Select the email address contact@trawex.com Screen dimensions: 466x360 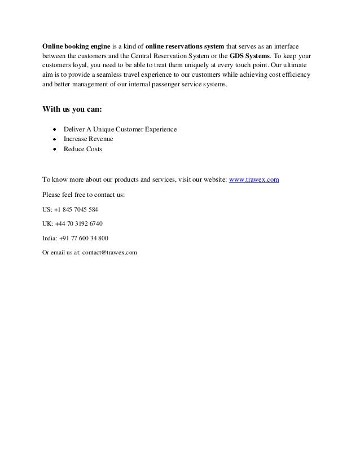pyautogui.click(x=111, y=252)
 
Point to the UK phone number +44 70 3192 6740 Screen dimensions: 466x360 pyautogui.click(x=78, y=223)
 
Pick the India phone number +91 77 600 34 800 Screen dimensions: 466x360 pyautogui.click(x=83, y=238)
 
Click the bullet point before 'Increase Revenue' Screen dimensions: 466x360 pyautogui.click(x=55, y=139)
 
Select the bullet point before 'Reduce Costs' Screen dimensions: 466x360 pyautogui.click(x=55, y=150)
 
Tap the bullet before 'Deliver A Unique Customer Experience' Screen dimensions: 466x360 pyautogui.click(x=55, y=130)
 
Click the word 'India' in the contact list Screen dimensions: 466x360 pyautogui.click(x=50, y=238)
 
